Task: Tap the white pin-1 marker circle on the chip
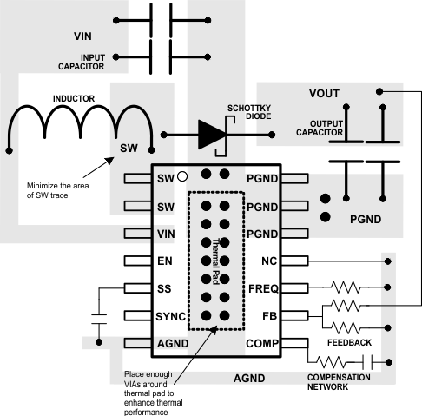click(x=182, y=177)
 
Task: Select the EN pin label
click(x=165, y=261)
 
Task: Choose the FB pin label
click(x=268, y=316)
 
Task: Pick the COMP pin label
click(x=260, y=344)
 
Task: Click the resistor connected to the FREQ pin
click(x=346, y=285)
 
